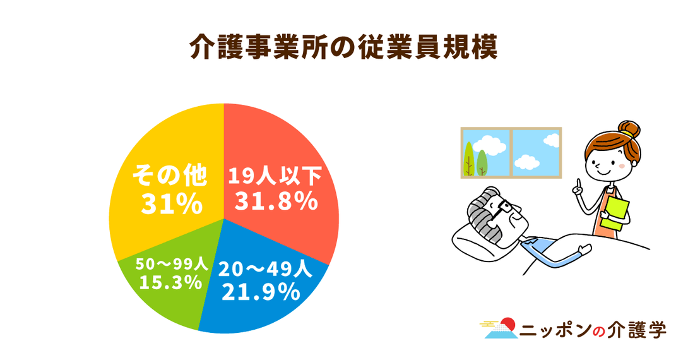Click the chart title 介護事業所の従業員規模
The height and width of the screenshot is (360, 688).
[x=343, y=47]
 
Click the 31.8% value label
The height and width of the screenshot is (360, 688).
[x=276, y=202]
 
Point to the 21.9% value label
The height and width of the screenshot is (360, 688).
[x=261, y=292]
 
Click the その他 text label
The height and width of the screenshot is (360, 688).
[x=169, y=176]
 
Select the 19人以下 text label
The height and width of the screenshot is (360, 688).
[x=275, y=176]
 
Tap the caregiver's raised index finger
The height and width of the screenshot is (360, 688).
[x=579, y=184]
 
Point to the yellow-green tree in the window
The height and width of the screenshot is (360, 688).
[x=468, y=159]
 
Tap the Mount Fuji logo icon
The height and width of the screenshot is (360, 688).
[x=500, y=328]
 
